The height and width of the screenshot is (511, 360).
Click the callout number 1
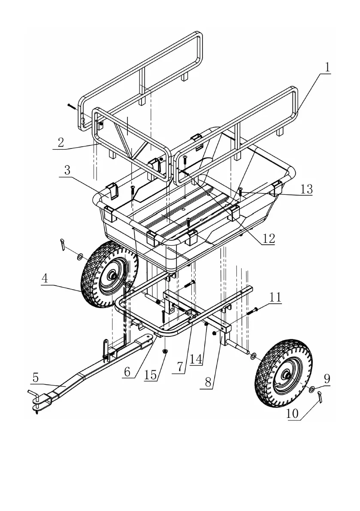coord(327,67)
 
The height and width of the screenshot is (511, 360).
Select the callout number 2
coord(61,142)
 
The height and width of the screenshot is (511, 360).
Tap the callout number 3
coord(67,170)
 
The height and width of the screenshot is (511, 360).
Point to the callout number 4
coord(45,278)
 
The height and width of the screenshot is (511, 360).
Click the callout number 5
coord(36,378)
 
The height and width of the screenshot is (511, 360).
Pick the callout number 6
coord(127,372)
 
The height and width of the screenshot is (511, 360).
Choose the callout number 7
coord(179,367)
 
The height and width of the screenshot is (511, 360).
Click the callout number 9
coord(327,379)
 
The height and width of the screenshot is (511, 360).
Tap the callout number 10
coord(292,414)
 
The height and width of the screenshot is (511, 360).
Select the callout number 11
coord(275,297)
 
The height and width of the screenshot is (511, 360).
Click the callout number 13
coord(306,189)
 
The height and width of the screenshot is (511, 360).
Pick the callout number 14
coord(196,359)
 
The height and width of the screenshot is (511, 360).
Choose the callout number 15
coord(151,375)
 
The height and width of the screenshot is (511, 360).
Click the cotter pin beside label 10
coord(320,398)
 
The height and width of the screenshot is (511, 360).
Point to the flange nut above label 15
coord(165,351)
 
